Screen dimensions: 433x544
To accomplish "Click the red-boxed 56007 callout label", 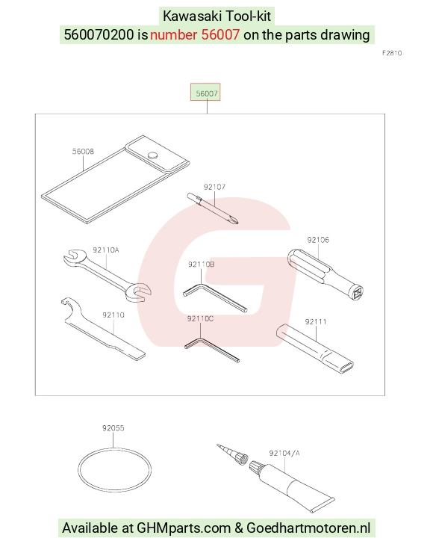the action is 206,93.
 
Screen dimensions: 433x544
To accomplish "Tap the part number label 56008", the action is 83,151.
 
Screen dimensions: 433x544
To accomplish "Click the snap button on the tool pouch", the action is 152,155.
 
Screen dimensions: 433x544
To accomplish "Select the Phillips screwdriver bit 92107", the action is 213,208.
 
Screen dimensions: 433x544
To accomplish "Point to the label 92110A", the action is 106,250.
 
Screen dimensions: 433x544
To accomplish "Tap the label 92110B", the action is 202,265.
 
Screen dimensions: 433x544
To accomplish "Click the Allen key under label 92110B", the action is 215,297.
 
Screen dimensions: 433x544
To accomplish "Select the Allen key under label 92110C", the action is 211,350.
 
